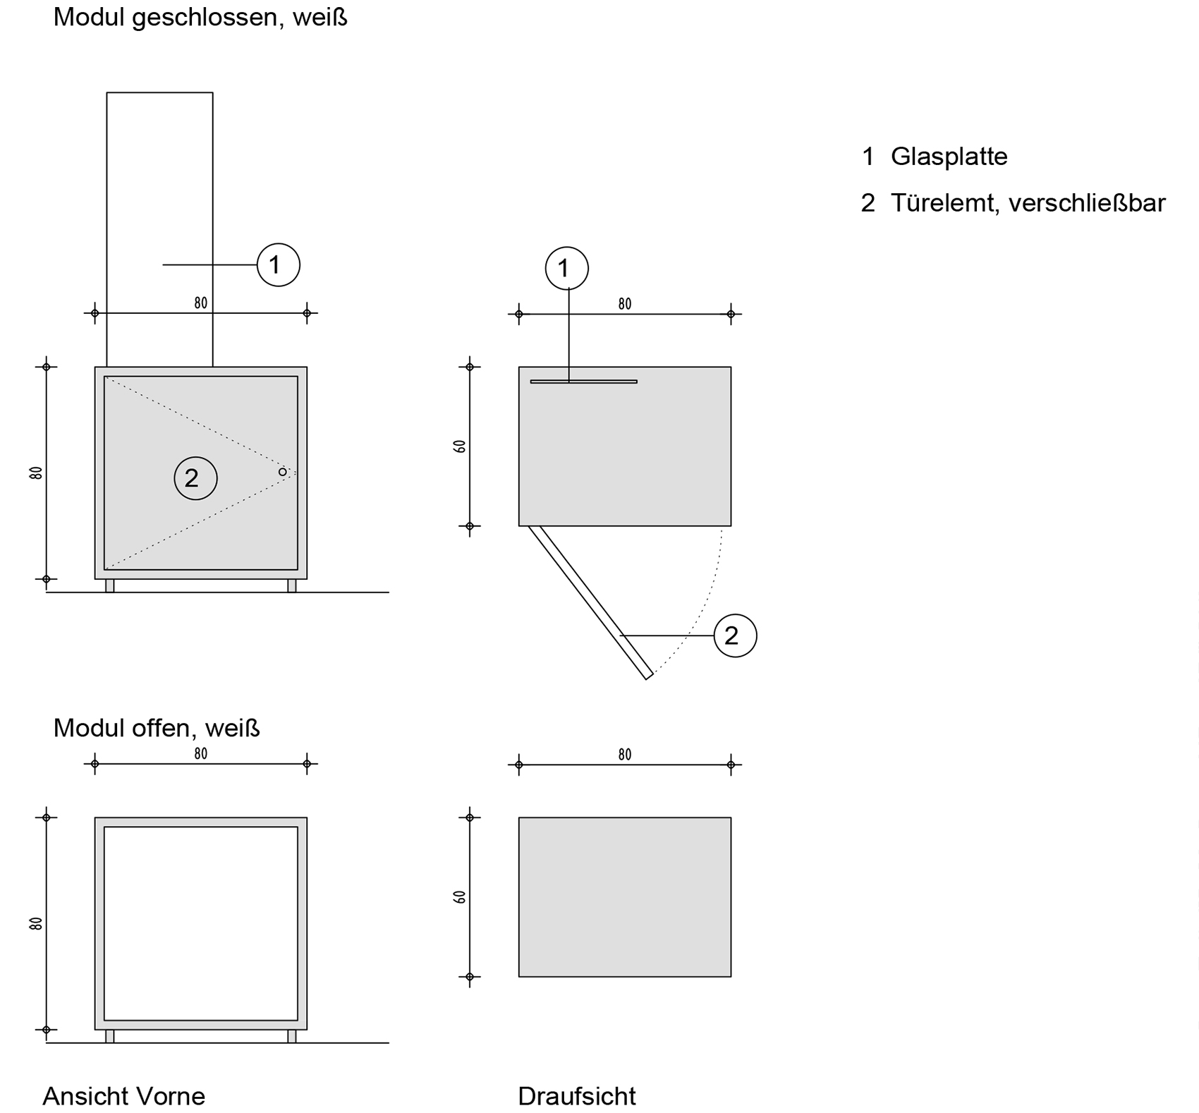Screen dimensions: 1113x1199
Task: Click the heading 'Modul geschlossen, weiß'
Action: click(200, 18)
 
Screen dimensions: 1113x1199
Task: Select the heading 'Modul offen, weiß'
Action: click(157, 728)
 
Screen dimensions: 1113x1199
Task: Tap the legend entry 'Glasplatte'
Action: click(949, 157)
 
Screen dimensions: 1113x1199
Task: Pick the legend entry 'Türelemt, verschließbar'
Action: click(1028, 203)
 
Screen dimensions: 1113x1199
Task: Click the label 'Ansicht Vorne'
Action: click(124, 1095)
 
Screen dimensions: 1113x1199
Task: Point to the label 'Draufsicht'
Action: click(576, 1095)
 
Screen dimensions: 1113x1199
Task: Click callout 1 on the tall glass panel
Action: click(278, 265)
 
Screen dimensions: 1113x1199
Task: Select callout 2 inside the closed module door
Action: click(195, 478)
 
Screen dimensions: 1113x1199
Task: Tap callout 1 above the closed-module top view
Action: click(566, 269)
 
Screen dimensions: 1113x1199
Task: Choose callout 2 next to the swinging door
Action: click(735, 635)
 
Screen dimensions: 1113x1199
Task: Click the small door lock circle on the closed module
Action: click(282, 472)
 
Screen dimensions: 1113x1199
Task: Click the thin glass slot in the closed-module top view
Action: click(583, 382)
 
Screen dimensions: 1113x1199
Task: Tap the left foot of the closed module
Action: click(110, 585)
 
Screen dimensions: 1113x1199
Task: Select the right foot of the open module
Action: click(292, 1036)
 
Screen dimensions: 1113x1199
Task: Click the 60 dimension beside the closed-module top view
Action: click(460, 446)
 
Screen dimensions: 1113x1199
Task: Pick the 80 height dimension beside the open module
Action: click(36, 923)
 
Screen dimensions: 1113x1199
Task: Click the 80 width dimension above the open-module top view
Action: click(624, 755)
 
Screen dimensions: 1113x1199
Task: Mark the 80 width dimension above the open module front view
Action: click(201, 755)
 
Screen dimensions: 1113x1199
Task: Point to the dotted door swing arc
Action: click(705, 600)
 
